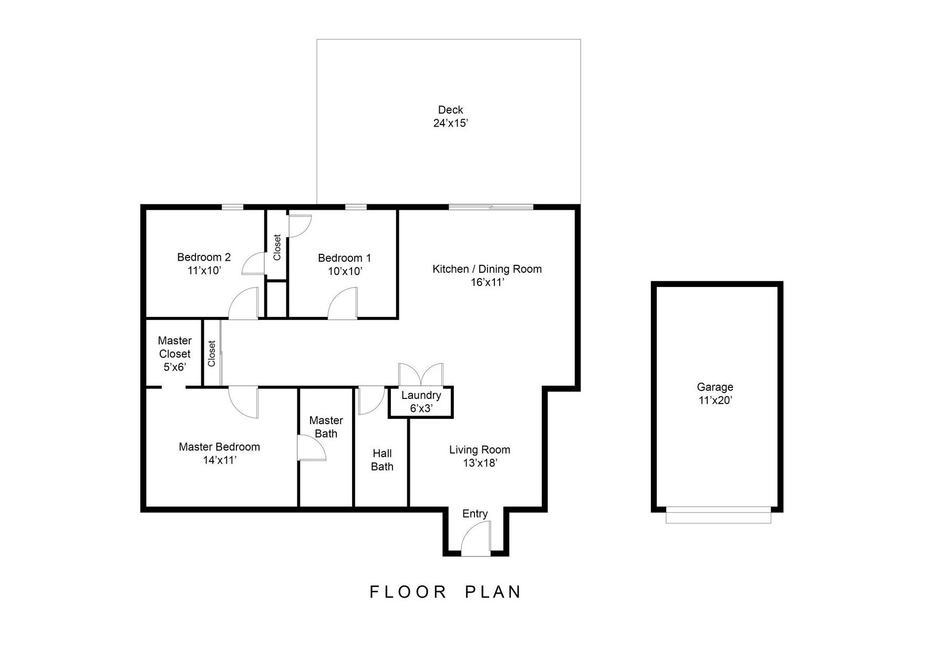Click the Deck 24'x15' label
point(450,117)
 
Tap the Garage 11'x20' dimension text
point(715,400)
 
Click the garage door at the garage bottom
point(718,515)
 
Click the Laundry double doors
point(420,375)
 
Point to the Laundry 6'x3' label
point(421,402)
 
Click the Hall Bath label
point(382,460)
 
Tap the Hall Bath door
point(371,401)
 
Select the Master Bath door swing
point(311,448)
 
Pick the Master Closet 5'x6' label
point(174,354)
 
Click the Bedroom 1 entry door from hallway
point(343,304)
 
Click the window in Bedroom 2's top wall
point(232,207)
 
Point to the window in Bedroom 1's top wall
point(355,207)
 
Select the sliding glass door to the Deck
point(491,207)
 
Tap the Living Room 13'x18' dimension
point(480,463)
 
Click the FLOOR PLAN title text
point(446,592)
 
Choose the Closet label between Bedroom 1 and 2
point(277,247)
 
